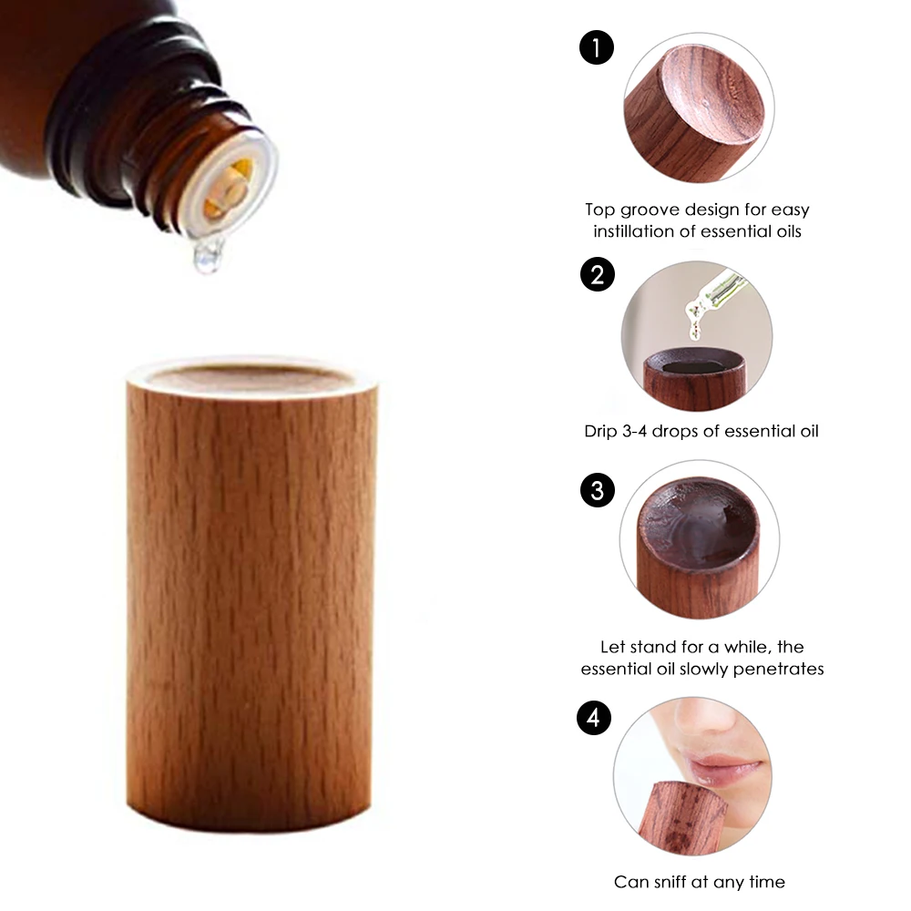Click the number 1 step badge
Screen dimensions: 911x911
(597, 48)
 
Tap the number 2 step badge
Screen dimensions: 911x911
(597, 274)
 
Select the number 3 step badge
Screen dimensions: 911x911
(597, 491)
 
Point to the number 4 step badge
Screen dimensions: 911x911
(595, 719)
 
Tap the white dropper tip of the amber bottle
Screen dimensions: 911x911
(232, 187)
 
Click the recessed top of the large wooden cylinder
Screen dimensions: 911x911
(251, 376)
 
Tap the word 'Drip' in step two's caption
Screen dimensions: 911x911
(603, 431)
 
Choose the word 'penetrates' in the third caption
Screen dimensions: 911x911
(780, 669)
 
